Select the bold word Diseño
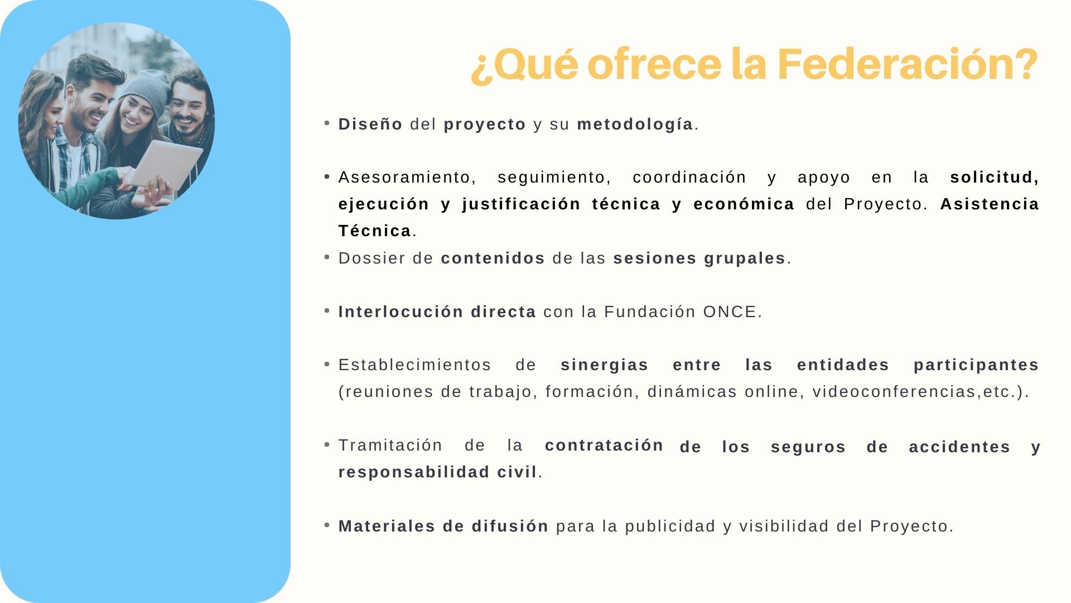pos(370,124)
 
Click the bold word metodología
pos(635,125)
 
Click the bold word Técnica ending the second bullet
pos(375,231)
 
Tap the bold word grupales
pos(745,259)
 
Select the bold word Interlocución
pos(401,312)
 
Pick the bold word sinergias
pos(604,365)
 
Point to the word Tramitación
pos(390,445)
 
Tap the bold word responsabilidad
pos(414,472)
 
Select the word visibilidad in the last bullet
pos(784,526)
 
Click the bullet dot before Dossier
pos(327,257)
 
